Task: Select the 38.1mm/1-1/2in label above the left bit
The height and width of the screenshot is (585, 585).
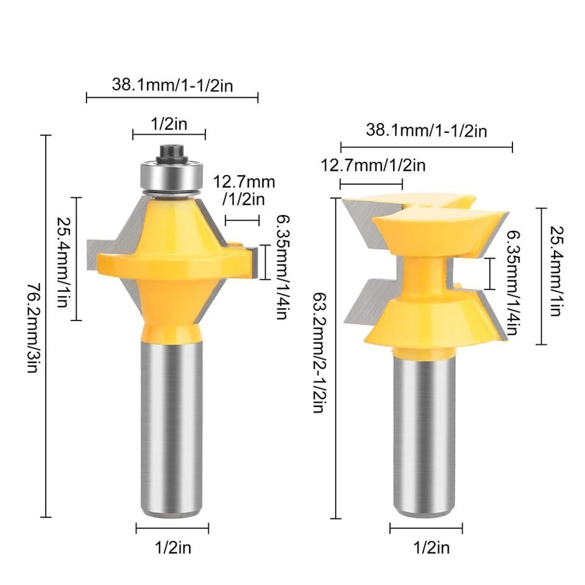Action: [x=173, y=85]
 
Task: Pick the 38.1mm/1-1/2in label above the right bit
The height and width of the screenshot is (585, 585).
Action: [x=426, y=130]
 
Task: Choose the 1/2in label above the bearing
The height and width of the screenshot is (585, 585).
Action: [x=169, y=124]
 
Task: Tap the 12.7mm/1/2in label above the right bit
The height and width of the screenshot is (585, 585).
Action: [x=373, y=166]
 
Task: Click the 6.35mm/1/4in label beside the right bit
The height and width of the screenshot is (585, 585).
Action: [x=511, y=281]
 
